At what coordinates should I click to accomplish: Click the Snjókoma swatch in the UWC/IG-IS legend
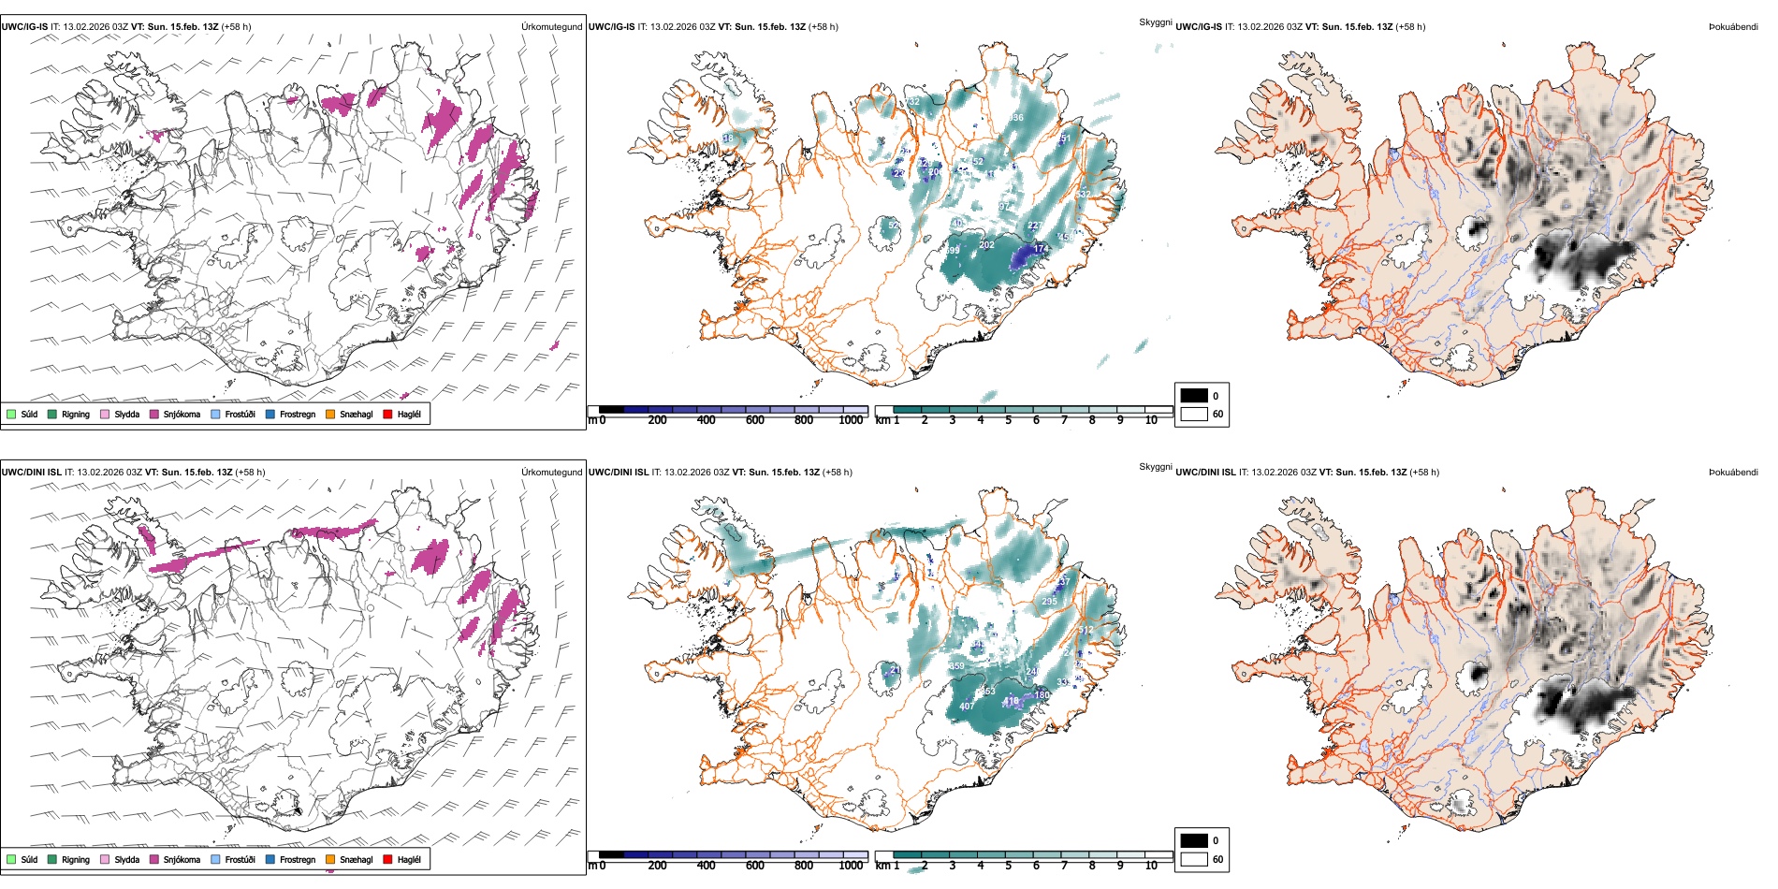(x=154, y=414)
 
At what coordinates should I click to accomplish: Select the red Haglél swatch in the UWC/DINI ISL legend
(x=388, y=859)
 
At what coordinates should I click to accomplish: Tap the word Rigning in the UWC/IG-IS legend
(x=76, y=414)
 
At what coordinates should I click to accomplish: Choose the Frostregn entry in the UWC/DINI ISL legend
(x=298, y=859)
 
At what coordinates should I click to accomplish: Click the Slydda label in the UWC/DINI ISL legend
(x=127, y=859)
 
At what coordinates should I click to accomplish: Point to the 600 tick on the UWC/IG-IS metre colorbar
(x=755, y=420)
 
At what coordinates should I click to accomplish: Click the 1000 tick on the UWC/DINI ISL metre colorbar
(x=851, y=866)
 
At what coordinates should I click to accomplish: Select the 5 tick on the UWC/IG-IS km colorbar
(x=1009, y=420)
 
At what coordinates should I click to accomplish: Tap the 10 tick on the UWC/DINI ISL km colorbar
(x=1151, y=866)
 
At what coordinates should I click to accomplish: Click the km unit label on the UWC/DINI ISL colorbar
(x=882, y=866)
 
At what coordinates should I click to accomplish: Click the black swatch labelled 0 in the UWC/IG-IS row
(x=1194, y=396)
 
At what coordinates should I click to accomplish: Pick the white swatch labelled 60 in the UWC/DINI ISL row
(x=1194, y=859)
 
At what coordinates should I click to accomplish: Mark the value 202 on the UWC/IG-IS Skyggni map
(x=986, y=245)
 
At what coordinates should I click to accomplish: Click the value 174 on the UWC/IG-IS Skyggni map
(x=1042, y=249)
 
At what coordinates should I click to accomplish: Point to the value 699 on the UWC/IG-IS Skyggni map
(x=952, y=251)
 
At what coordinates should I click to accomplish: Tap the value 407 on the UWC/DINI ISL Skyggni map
(x=967, y=706)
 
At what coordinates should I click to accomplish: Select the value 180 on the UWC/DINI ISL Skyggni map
(x=1042, y=694)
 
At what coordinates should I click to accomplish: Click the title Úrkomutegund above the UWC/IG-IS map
(x=551, y=27)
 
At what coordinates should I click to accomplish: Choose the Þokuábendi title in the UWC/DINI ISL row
(x=1733, y=473)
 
